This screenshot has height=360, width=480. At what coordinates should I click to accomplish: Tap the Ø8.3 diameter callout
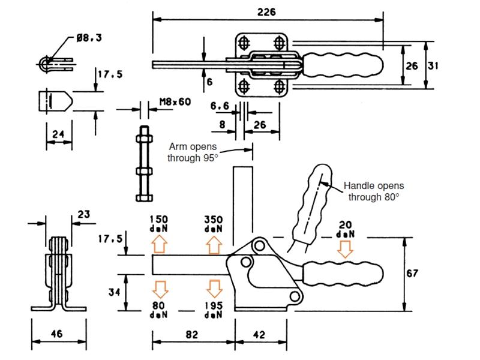click(89, 38)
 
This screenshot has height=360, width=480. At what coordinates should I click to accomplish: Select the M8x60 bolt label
click(175, 101)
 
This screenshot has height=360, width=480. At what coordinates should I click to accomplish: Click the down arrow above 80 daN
click(160, 289)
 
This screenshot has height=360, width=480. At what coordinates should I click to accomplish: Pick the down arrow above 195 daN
click(214, 289)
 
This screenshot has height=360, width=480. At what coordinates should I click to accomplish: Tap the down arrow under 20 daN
click(344, 248)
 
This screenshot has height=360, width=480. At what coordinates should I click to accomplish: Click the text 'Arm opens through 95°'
click(192, 152)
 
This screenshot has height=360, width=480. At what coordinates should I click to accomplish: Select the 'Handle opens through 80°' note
click(373, 191)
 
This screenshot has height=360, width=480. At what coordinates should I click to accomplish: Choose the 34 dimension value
click(114, 292)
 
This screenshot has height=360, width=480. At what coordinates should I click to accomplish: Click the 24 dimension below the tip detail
click(58, 134)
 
